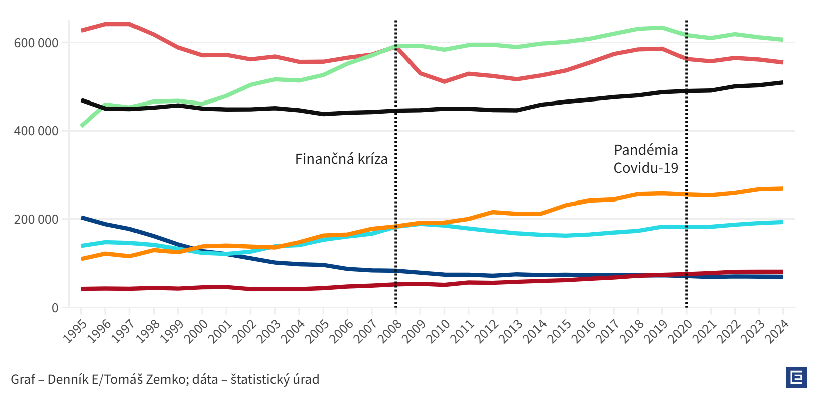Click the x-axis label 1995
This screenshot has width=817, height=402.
pos(74,331)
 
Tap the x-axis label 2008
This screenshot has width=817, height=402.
pos(389,331)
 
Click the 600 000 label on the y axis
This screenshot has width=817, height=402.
pos(36,43)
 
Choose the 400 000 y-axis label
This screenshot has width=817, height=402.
pos(36,131)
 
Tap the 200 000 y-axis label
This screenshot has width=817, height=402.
pos(36,220)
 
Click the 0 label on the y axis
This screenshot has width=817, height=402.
pos(55,308)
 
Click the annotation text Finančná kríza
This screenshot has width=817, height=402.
pos(341,159)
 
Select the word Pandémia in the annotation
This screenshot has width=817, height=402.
pos(646,150)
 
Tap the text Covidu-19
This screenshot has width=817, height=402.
pos(646,168)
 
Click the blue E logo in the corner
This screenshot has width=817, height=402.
pos(796,377)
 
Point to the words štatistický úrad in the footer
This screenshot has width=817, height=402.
pos(275,379)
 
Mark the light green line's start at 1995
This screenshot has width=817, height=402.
pos(82,126)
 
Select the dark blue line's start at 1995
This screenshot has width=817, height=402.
pos(82,218)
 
